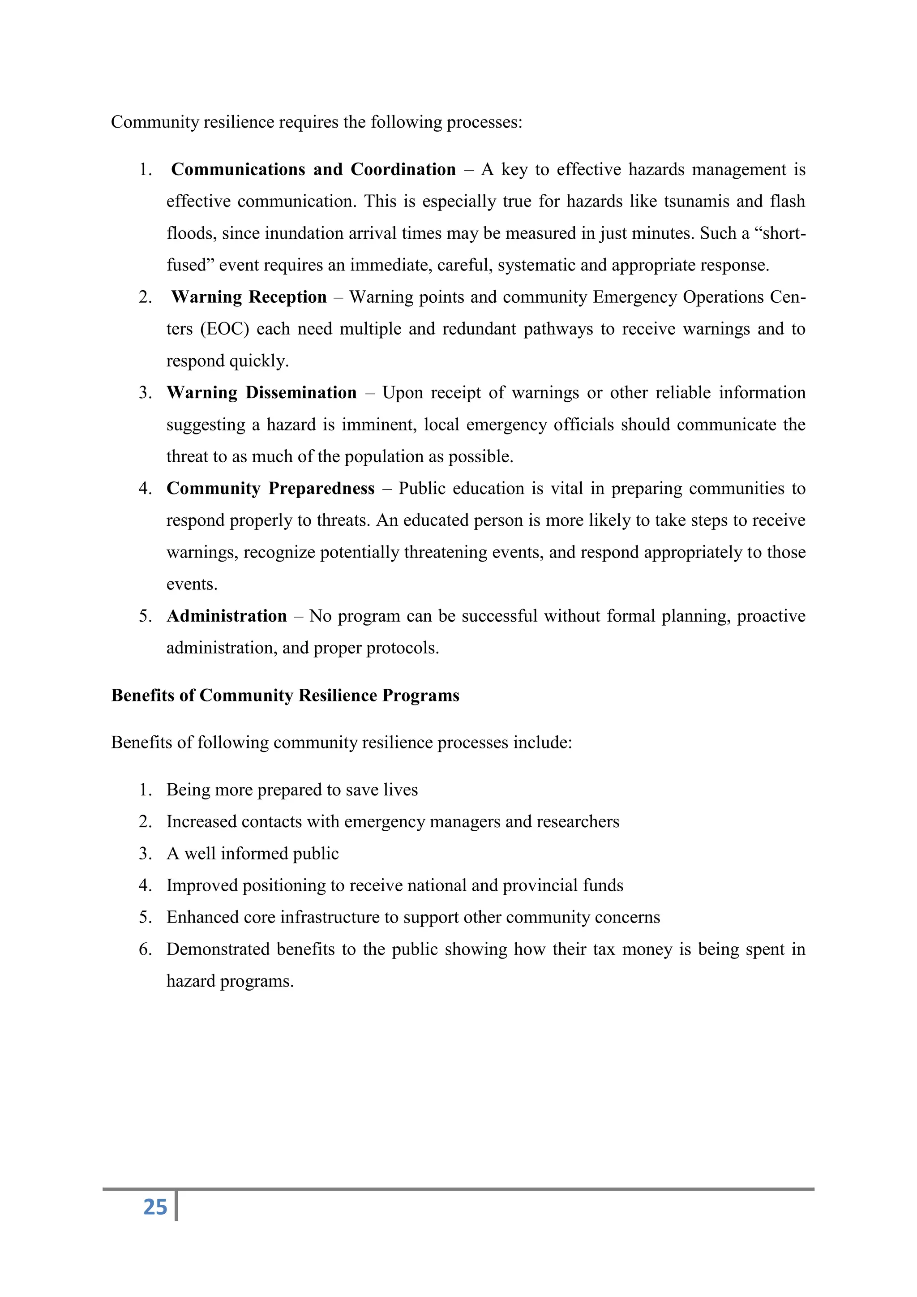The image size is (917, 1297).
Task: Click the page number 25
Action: click(x=155, y=1207)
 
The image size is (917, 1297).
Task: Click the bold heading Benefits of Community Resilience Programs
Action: click(x=285, y=696)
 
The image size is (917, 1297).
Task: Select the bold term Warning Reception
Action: click(x=249, y=297)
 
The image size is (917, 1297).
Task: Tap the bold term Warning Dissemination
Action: click(x=261, y=393)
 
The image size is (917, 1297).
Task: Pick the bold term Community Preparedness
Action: click(x=270, y=489)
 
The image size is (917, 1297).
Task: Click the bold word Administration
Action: click(x=227, y=616)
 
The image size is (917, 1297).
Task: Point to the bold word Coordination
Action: click(x=403, y=169)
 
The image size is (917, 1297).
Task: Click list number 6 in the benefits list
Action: click(x=145, y=949)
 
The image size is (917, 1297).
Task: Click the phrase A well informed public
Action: click(x=253, y=854)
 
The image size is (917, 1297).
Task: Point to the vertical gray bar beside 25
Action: click(x=176, y=1206)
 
